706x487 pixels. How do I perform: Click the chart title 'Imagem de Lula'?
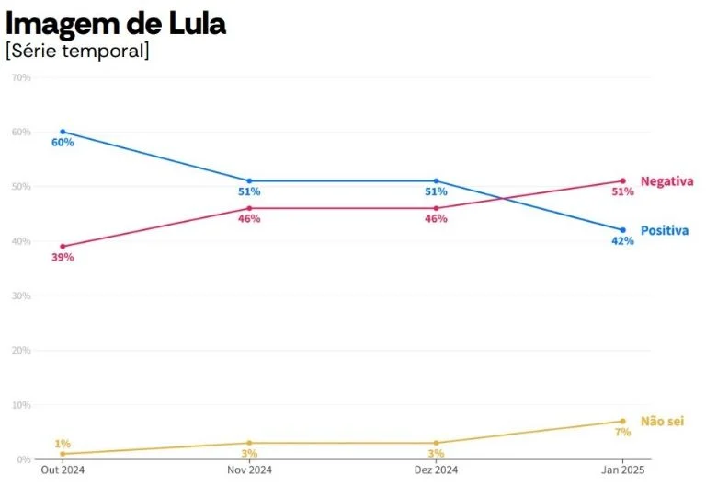[116, 25]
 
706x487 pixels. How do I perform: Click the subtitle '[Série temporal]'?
[77, 51]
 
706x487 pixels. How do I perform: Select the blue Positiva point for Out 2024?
[63, 132]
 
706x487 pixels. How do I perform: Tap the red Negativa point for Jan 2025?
[622, 180]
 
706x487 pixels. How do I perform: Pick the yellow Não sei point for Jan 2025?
[622, 421]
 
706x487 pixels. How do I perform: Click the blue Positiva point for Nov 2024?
[249, 180]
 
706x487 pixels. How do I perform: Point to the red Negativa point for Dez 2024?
[436, 208]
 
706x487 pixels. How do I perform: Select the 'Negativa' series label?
[666, 181]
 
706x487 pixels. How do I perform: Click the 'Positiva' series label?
[665, 230]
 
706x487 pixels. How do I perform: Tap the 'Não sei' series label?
[662, 421]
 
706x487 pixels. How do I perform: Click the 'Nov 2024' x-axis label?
[249, 470]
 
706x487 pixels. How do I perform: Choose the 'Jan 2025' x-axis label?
[622, 470]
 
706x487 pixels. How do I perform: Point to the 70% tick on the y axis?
[21, 77]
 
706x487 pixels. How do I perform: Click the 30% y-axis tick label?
[21, 296]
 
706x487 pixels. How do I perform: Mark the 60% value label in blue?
[63, 143]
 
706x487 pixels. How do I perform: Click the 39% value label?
[63, 258]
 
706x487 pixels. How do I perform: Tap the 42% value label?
[622, 241]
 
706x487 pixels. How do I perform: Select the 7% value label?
[622, 432]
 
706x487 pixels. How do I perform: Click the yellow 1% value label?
[63, 444]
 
